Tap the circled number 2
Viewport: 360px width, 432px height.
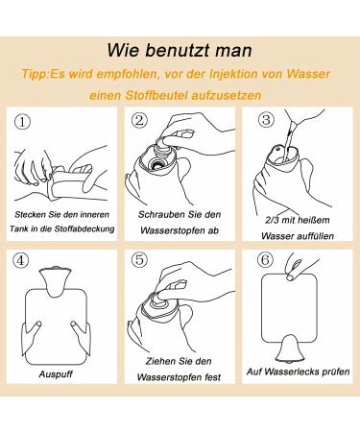[x=139, y=120]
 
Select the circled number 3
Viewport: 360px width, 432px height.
[x=266, y=120]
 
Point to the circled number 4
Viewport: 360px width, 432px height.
[x=20, y=260]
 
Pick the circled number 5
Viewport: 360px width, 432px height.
[x=139, y=259]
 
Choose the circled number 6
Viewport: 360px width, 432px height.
[x=265, y=259]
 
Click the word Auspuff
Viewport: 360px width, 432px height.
[x=56, y=374]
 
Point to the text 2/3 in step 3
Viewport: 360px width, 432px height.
[x=272, y=220]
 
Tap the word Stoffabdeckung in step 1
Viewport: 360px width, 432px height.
[x=84, y=228]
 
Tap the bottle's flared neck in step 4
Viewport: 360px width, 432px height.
[x=55, y=280]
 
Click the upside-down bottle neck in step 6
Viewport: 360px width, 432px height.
[x=291, y=350]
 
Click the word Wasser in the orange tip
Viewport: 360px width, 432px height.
[x=308, y=74]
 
